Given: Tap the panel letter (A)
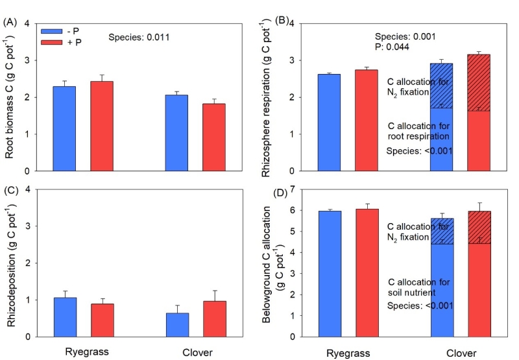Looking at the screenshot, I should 10,23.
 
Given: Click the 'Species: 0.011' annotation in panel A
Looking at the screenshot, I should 139,38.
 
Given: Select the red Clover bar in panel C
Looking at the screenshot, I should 213,318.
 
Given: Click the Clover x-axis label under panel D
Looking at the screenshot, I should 461,353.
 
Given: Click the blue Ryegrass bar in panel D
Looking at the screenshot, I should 330,273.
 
